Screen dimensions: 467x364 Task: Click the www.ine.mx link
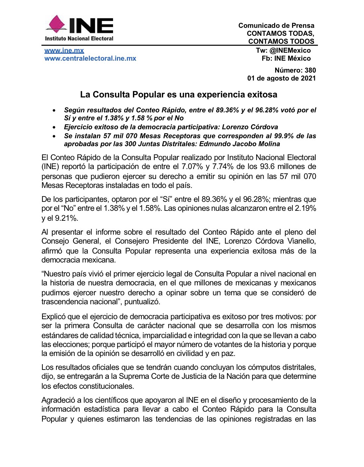tap(64, 50)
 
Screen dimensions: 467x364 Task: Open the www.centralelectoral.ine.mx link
tap(90, 58)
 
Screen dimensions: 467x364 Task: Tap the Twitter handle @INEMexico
tap(290, 50)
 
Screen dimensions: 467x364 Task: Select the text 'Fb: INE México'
tap(286, 58)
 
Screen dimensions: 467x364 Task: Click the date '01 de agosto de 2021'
tap(281, 78)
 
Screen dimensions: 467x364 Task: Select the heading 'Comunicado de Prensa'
tap(276, 26)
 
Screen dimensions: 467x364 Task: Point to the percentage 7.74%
tap(223, 167)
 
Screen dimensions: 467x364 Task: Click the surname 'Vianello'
tap(301, 241)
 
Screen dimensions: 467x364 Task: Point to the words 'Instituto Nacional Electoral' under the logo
tap(79, 38)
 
